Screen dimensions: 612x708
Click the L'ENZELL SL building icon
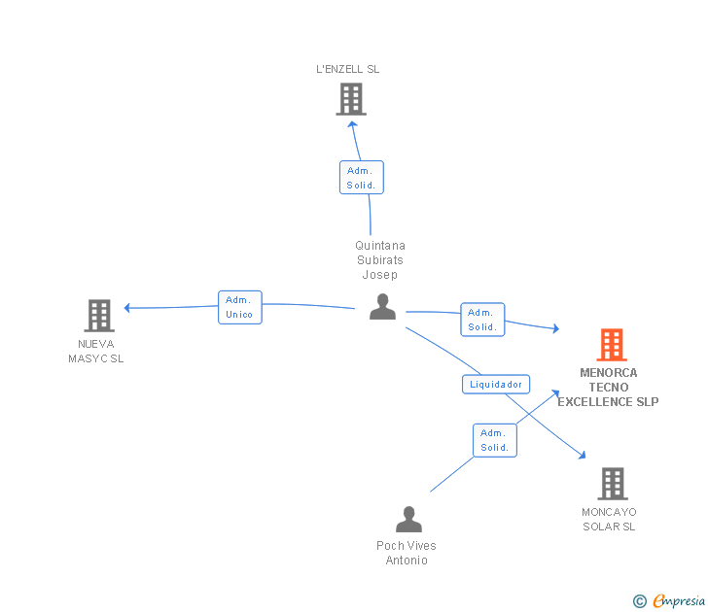(x=350, y=99)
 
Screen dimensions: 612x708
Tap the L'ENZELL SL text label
(x=348, y=69)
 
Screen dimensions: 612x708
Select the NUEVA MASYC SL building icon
(x=99, y=316)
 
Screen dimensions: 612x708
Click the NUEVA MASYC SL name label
(x=96, y=351)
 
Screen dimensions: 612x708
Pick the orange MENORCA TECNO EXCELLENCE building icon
(x=611, y=345)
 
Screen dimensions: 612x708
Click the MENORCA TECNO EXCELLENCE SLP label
(x=608, y=388)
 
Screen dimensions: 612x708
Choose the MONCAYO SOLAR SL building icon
(x=612, y=483)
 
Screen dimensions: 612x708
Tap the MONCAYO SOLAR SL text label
(x=609, y=519)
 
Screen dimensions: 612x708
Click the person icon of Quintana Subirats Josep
(x=382, y=307)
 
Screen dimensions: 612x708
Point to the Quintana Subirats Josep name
(x=379, y=259)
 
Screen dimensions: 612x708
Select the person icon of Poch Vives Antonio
(x=408, y=520)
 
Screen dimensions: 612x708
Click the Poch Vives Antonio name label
(x=407, y=553)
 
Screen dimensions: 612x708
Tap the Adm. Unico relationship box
(x=239, y=307)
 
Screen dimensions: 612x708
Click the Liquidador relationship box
(x=496, y=384)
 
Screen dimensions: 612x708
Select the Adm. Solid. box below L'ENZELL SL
(x=361, y=178)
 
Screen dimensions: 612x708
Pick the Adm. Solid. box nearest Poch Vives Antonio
(x=494, y=440)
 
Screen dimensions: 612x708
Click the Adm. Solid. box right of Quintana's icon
(x=482, y=320)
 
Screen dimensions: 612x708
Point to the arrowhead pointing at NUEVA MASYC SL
(x=127, y=308)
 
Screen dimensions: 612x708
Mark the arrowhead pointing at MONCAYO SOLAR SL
(x=582, y=455)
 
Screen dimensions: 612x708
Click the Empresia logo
(x=669, y=601)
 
